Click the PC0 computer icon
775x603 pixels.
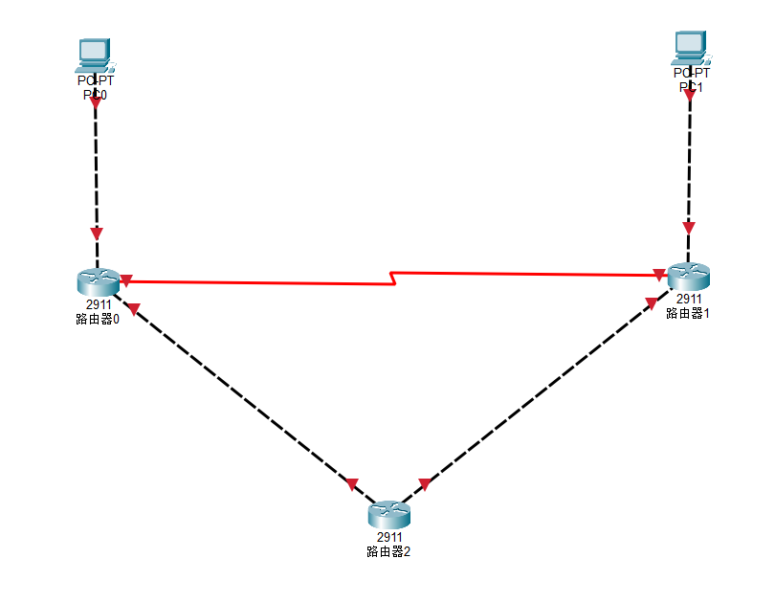94,54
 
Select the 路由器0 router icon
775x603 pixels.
98,281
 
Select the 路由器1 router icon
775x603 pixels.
689,276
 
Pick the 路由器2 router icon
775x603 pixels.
388,515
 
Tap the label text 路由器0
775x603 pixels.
98,319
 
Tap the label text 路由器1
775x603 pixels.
689,312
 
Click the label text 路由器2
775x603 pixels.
388,551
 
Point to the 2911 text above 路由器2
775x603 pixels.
388,538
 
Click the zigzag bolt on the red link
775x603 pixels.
392,279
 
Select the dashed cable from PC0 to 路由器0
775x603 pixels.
96,172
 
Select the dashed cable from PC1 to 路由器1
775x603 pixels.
689,163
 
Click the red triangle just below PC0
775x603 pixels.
95,101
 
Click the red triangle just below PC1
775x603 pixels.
690,94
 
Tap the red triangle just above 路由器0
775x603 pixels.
96,233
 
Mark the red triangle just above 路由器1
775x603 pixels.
689,228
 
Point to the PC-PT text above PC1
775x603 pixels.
691,73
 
